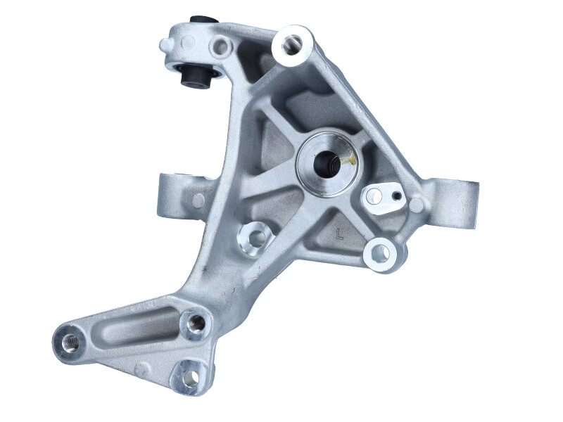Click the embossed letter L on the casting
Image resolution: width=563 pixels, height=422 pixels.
[339, 234]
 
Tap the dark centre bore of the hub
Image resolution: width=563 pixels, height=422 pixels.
[327, 164]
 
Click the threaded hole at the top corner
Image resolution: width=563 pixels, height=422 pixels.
[291, 44]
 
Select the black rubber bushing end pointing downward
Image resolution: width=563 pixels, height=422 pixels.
[196, 76]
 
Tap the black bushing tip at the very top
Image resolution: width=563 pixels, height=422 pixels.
[203, 19]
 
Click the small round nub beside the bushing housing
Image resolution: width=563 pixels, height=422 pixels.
[165, 45]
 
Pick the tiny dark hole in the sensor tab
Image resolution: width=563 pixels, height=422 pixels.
[396, 196]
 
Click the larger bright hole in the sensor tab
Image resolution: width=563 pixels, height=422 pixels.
[375, 196]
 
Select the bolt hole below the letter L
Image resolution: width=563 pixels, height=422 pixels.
[380, 253]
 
